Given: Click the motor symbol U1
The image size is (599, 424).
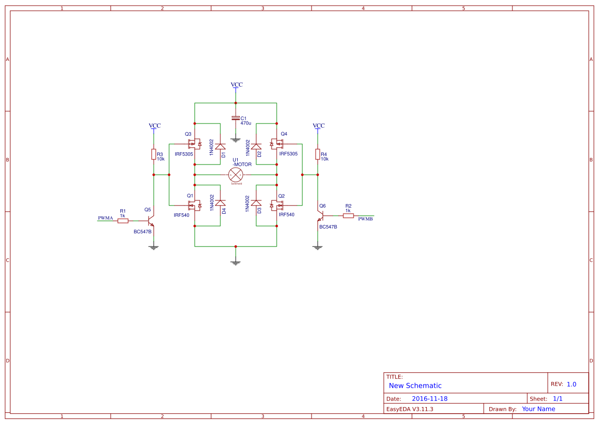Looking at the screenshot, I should point(235,174).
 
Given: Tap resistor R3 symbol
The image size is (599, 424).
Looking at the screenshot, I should point(154,154).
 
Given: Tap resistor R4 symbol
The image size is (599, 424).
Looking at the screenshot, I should point(318,154).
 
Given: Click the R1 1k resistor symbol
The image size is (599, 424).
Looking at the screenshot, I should point(123,220).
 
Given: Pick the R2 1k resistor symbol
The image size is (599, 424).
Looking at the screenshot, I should point(348,216).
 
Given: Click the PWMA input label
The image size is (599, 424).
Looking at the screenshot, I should point(106,218).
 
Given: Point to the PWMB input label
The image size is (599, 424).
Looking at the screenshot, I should point(365,219).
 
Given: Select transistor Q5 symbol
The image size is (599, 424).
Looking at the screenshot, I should point(151,221).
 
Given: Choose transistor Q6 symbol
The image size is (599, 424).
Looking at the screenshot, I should point(320,216).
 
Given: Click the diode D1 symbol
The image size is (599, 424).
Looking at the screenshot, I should point(220,147).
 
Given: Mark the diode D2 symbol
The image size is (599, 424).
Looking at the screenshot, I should point(256,147).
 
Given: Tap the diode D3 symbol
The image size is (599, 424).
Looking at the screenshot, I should point(256,203).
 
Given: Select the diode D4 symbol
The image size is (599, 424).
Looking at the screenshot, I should point(220,203).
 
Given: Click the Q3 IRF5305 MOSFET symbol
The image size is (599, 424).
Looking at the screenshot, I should point(194,144).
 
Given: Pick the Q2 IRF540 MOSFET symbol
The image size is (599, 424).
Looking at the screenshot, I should point(277,206).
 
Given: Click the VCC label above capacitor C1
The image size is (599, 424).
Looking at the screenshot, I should point(236,85).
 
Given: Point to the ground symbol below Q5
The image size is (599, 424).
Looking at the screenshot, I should point(153,248).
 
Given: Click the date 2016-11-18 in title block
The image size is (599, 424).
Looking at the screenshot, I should point(429,398).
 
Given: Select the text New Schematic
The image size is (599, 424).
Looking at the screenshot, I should point(415,386).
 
